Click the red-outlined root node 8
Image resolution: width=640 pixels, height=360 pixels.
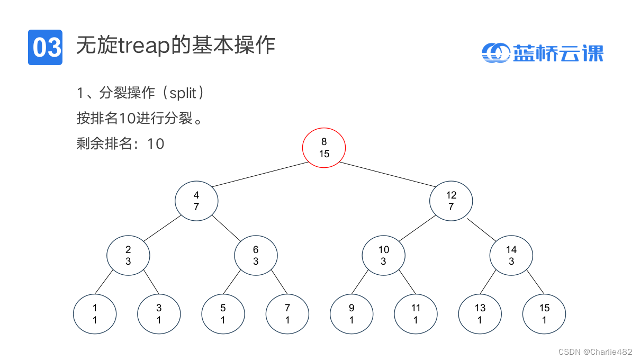click(324, 148)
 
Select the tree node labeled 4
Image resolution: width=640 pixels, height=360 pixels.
click(196, 201)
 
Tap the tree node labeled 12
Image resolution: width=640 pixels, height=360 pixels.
click(451, 201)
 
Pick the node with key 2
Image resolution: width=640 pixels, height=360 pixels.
click(128, 255)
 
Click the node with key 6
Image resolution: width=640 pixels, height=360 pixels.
click(256, 255)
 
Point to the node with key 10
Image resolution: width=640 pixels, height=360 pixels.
click(383, 255)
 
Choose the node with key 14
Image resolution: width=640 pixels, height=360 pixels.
click(511, 255)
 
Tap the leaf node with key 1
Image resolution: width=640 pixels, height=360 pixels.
click(95, 314)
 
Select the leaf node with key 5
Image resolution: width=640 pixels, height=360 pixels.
click(223, 314)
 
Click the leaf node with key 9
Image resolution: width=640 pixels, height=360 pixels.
click(351, 314)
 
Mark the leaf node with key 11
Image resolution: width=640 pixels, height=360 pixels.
click(416, 314)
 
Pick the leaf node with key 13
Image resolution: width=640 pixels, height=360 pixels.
click(480, 314)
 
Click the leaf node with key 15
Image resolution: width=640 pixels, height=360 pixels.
click(544, 314)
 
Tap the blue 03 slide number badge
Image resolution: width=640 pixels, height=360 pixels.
click(46, 48)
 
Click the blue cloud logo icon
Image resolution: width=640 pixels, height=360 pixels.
click(495, 53)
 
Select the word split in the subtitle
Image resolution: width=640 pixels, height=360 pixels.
click(183, 94)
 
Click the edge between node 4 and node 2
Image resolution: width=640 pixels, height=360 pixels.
click(161, 228)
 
